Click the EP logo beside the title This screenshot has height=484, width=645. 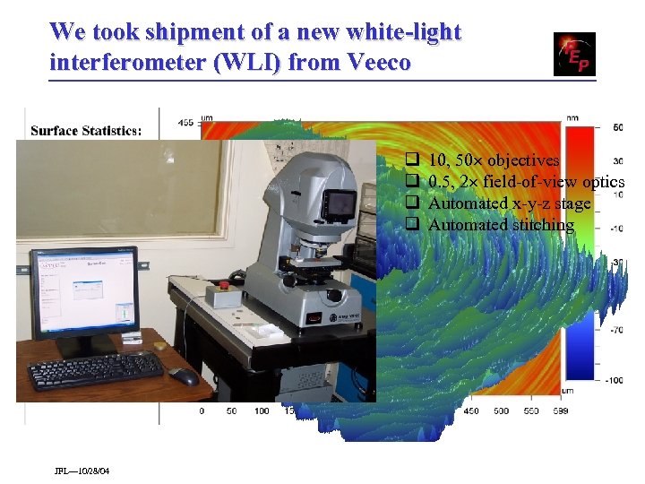[x=574, y=54]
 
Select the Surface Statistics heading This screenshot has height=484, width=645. [x=86, y=131]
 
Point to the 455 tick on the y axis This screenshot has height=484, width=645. [x=185, y=122]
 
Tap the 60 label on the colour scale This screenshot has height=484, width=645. [x=618, y=128]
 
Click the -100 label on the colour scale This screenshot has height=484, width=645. [x=613, y=380]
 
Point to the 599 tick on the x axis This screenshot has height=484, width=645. [x=536, y=411]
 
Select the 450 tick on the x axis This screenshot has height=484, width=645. [x=470, y=411]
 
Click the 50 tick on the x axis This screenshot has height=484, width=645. [x=231, y=411]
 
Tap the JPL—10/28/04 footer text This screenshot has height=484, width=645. [x=82, y=471]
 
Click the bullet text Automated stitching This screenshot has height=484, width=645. [x=501, y=225]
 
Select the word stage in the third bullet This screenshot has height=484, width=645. [x=572, y=203]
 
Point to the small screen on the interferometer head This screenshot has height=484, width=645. [x=340, y=205]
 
